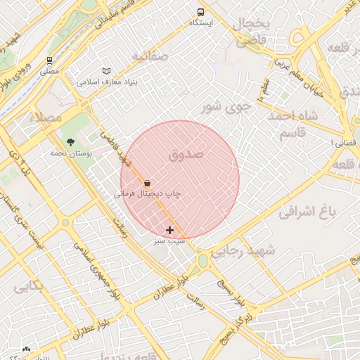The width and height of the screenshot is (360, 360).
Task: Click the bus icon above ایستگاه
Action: (201, 12)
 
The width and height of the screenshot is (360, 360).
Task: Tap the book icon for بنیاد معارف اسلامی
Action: (106, 71)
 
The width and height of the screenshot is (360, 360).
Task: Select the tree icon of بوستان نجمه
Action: (70, 143)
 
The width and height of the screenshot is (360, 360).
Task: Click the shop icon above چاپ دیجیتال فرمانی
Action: (146, 183)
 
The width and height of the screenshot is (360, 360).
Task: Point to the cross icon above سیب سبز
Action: (169, 230)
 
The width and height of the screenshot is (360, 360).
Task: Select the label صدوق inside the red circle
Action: (186, 153)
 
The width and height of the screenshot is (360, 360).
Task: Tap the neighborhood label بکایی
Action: (27, 285)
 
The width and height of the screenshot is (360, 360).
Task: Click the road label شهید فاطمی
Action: (117, 149)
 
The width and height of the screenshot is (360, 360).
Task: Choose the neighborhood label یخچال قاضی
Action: (252, 33)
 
